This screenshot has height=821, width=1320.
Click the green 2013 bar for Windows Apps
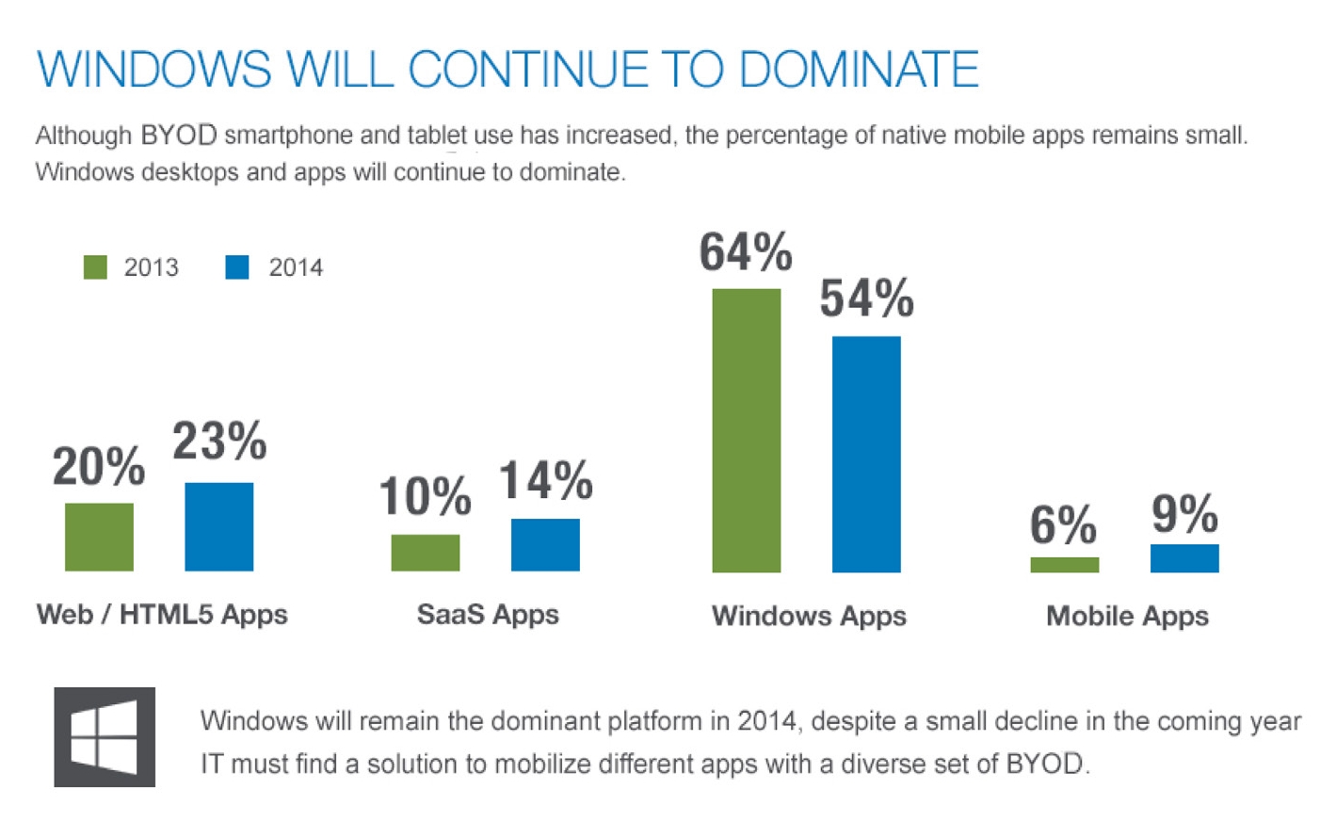[746, 430]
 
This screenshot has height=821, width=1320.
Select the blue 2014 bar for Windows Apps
[866, 454]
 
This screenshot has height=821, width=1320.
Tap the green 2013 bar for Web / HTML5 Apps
[99, 537]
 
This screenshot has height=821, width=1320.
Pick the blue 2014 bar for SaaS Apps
[545, 544]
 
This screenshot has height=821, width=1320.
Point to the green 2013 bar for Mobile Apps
[1064, 565]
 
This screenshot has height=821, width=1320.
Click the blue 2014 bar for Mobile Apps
[1184, 558]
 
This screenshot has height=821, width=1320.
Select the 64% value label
[746, 252]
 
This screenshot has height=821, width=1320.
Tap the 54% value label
[866, 299]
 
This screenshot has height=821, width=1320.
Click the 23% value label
[219, 441]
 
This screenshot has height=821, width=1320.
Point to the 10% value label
[425, 496]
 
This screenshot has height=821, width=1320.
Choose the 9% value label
[1184, 514]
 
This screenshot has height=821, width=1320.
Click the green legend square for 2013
[95, 267]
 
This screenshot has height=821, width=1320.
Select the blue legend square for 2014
[237, 267]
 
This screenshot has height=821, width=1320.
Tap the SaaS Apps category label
[488, 615]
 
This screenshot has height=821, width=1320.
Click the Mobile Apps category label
[1127, 616]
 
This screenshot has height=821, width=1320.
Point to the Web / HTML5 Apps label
[162, 615]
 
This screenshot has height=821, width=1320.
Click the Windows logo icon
[105, 737]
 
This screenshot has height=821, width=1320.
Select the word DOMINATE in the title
[859, 70]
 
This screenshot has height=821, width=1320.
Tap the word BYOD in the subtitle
[179, 136]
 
